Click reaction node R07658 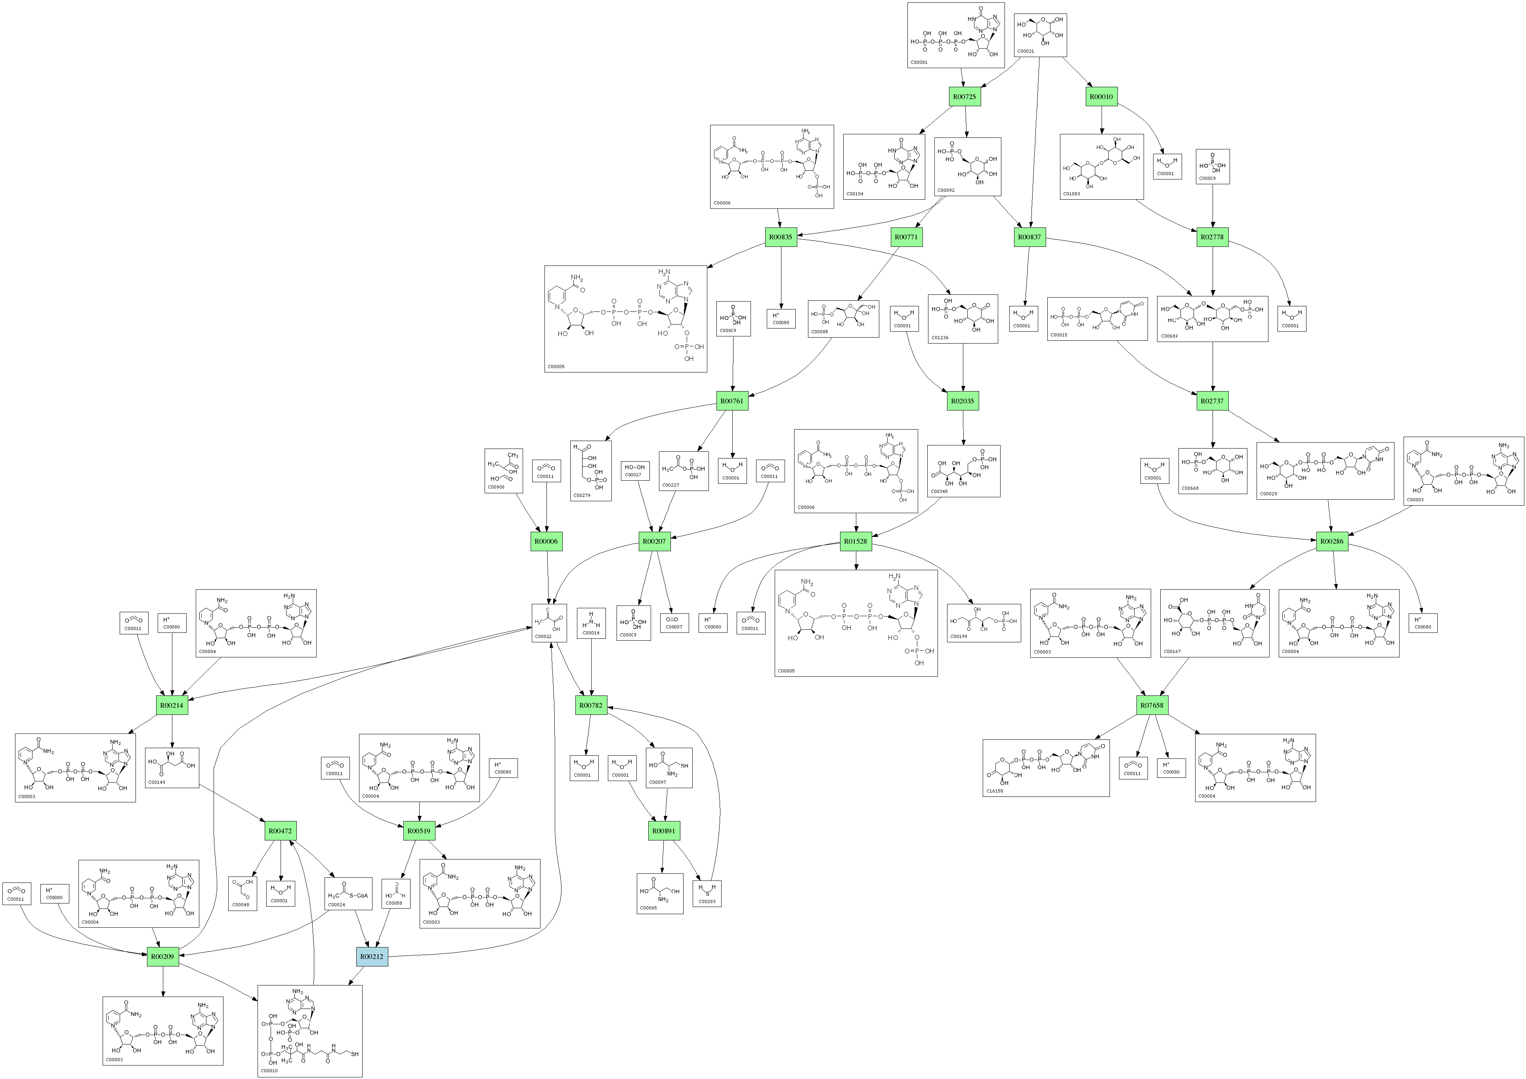pos(1152,705)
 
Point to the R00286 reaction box pos(1332,541)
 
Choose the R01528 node pos(856,541)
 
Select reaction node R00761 pos(732,401)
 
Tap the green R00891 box pos(664,831)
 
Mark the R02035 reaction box pos(963,401)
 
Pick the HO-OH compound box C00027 pos(635,471)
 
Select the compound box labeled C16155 pos(1045,768)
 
